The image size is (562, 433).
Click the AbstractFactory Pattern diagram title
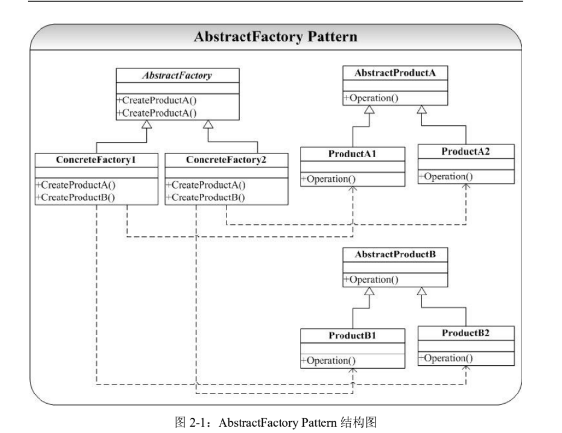tap(275, 37)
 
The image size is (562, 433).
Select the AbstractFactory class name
tap(178, 75)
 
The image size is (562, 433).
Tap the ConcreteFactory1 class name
tap(96, 160)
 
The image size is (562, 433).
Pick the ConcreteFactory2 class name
tap(226, 160)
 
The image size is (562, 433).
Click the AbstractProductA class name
tap(395, 73)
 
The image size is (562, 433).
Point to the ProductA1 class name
tap(352, 154)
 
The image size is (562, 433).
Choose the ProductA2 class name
tap(465, 152)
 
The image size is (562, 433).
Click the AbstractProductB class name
tap(395, 255)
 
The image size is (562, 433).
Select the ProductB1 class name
tap(352, 335)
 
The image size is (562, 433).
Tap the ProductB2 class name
tap(465, 333)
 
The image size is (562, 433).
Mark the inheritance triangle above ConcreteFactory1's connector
tap(146, 124)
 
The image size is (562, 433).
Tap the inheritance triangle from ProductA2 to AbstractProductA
tap(421, 109)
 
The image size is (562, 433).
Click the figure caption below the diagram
tap(275, 423)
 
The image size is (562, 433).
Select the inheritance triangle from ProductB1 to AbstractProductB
tap(369, 291)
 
